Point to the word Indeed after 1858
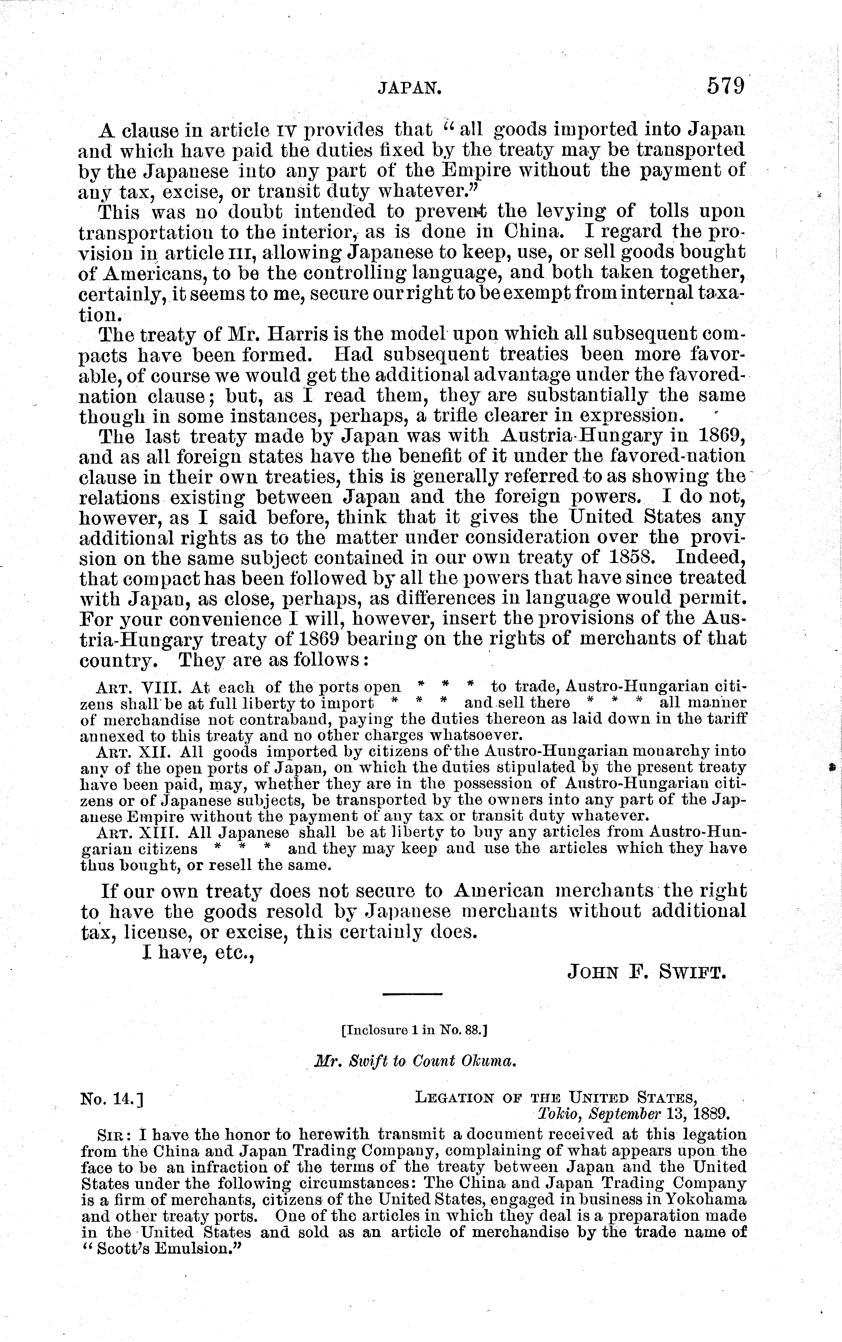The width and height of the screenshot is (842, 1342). (710, 558)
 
